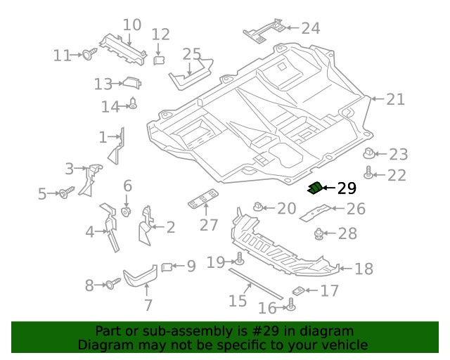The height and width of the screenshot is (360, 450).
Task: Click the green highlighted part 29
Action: pyautogui.click(x=315, y=188)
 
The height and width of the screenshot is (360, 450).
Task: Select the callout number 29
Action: pyautogui.click(x=347, y=188)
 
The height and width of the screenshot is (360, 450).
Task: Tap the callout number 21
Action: pyautogui.click(x=395, y=99)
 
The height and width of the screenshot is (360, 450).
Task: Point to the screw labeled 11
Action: pyautogui.click(x=89, y=53)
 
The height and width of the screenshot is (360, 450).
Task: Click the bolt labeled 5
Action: pyautogui.click(x=66, y=193)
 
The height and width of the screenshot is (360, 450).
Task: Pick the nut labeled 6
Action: pyautogui.click(x=127, y=212)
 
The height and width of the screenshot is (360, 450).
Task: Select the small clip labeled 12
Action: pyautogui.click(x=159, y=60)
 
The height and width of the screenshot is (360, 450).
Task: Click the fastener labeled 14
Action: pyautogui.click(x=133, y=103)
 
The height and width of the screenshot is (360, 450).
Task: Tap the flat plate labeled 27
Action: pyautogui.click(x=203, y=198)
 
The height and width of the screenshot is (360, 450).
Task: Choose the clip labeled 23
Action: pyautogui.click(x=368, y=153)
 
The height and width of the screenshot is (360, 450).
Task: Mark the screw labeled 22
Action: pyautogui.click(x=368, y=172)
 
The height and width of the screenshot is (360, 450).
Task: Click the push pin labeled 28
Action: pyautogui.click(x=319, y=233)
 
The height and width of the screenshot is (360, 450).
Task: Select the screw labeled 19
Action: pyautogui.click(x=239, y=259)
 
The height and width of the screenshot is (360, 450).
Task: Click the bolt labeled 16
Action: pyautogui.click(x=291, y=304)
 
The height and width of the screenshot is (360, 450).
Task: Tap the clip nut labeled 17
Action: pyautogui.click(x=298, y=291)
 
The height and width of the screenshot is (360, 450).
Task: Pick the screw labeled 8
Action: pyautogui.click(x=112, y=283)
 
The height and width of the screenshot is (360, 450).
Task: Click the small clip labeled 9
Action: pyautogui.click(x=167, y=267)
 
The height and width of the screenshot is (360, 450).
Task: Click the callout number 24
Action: pyautogui.click(x=311, y=28)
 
